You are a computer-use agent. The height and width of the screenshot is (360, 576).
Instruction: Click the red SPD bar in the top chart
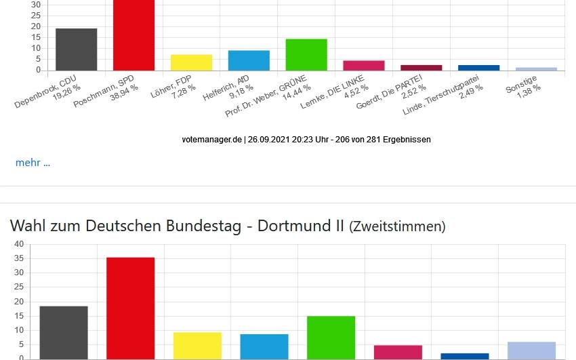pyautogui.click(x=133, y=34)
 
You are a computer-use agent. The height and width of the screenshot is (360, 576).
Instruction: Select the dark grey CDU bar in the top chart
pyautogui.click(x=76, y=49)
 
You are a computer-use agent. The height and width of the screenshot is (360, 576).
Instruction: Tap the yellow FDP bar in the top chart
pyautogui.click(x=191, y=62)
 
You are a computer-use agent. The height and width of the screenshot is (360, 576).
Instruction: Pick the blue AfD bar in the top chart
pyautogui.click(x=249, y=60)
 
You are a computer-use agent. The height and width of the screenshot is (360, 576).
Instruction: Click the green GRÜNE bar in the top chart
pyautogui.click(x=306, y=54)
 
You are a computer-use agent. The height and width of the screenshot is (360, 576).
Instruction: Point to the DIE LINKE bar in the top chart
pyautogui.click(x=364, y=65)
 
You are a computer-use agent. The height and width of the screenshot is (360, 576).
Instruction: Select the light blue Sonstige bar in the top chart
pyautogui.click(x=536, y=68)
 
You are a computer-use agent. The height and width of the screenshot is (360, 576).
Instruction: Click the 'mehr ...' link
pyautogui.click(x=33, y=163)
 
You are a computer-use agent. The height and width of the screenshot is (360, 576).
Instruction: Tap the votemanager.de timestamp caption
pyautogui.click(x=306, y=140)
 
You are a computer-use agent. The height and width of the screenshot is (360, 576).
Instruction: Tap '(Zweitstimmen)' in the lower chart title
pyautogui.click(x=397, y=227)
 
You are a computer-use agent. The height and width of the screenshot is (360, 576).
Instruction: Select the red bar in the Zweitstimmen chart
pyautogui.click(x=131, y=308)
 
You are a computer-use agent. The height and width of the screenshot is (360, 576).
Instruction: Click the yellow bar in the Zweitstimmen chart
pyautogui.click(x=197, y=345)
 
